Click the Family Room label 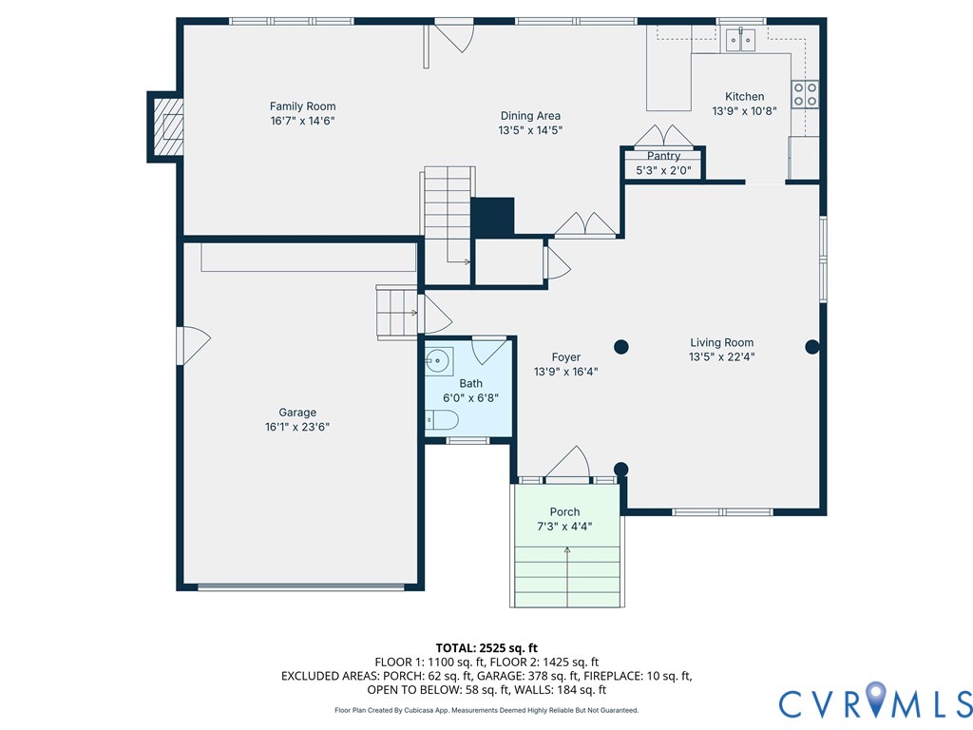click(x=302, y=106)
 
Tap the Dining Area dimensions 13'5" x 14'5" click(x=530, y=130)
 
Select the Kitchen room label click(x=744, y=96)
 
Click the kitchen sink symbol click(x=740, y=39)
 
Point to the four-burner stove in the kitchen click(x=805, y=93)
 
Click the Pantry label click(x=663, y=156)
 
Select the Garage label click(x=297, y=413)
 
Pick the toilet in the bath click(x=442, y=420)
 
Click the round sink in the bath click(x=438, y=359)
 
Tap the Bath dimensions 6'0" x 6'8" click(x=470, y=399)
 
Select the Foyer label click(x=565, y=357)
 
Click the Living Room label click(x=721, y=343)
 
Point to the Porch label click(x=564, y=512)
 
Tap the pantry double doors click(x=663, y=134)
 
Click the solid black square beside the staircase click(x=492, y=217)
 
